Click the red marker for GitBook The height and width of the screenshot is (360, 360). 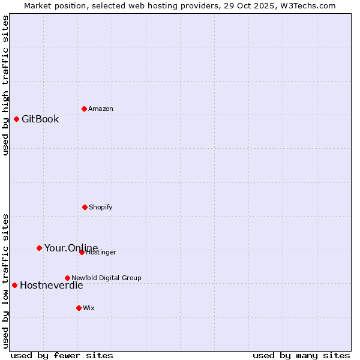pos(16,119)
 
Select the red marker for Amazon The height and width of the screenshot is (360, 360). pos(84,109)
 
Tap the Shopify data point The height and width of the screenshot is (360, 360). pos(85,207)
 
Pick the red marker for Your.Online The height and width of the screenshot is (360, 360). pos(39,248)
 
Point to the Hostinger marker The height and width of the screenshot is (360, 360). pos(82,252)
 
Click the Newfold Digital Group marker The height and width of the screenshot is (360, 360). pos(67,278)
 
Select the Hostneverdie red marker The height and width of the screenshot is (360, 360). pos(14,285)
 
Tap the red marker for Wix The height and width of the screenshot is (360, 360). pos(79,308)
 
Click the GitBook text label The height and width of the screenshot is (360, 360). pos(40,119)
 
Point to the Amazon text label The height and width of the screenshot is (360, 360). pos(101,109)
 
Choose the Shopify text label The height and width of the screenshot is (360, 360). pos(101,207)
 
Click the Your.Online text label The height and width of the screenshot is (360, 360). pos(71,248)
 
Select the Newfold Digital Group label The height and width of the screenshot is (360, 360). pos(106,278)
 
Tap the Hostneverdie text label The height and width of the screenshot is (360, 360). pos(52,285)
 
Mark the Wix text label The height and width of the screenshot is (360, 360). pos(89,308)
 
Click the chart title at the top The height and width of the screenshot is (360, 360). pos(180,5)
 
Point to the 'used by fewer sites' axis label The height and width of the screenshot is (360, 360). pos(62,355)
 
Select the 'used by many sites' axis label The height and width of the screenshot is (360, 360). pos(301,355)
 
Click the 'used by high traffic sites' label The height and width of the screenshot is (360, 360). pos(5,85)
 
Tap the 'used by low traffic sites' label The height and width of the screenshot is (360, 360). pos(5,280)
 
